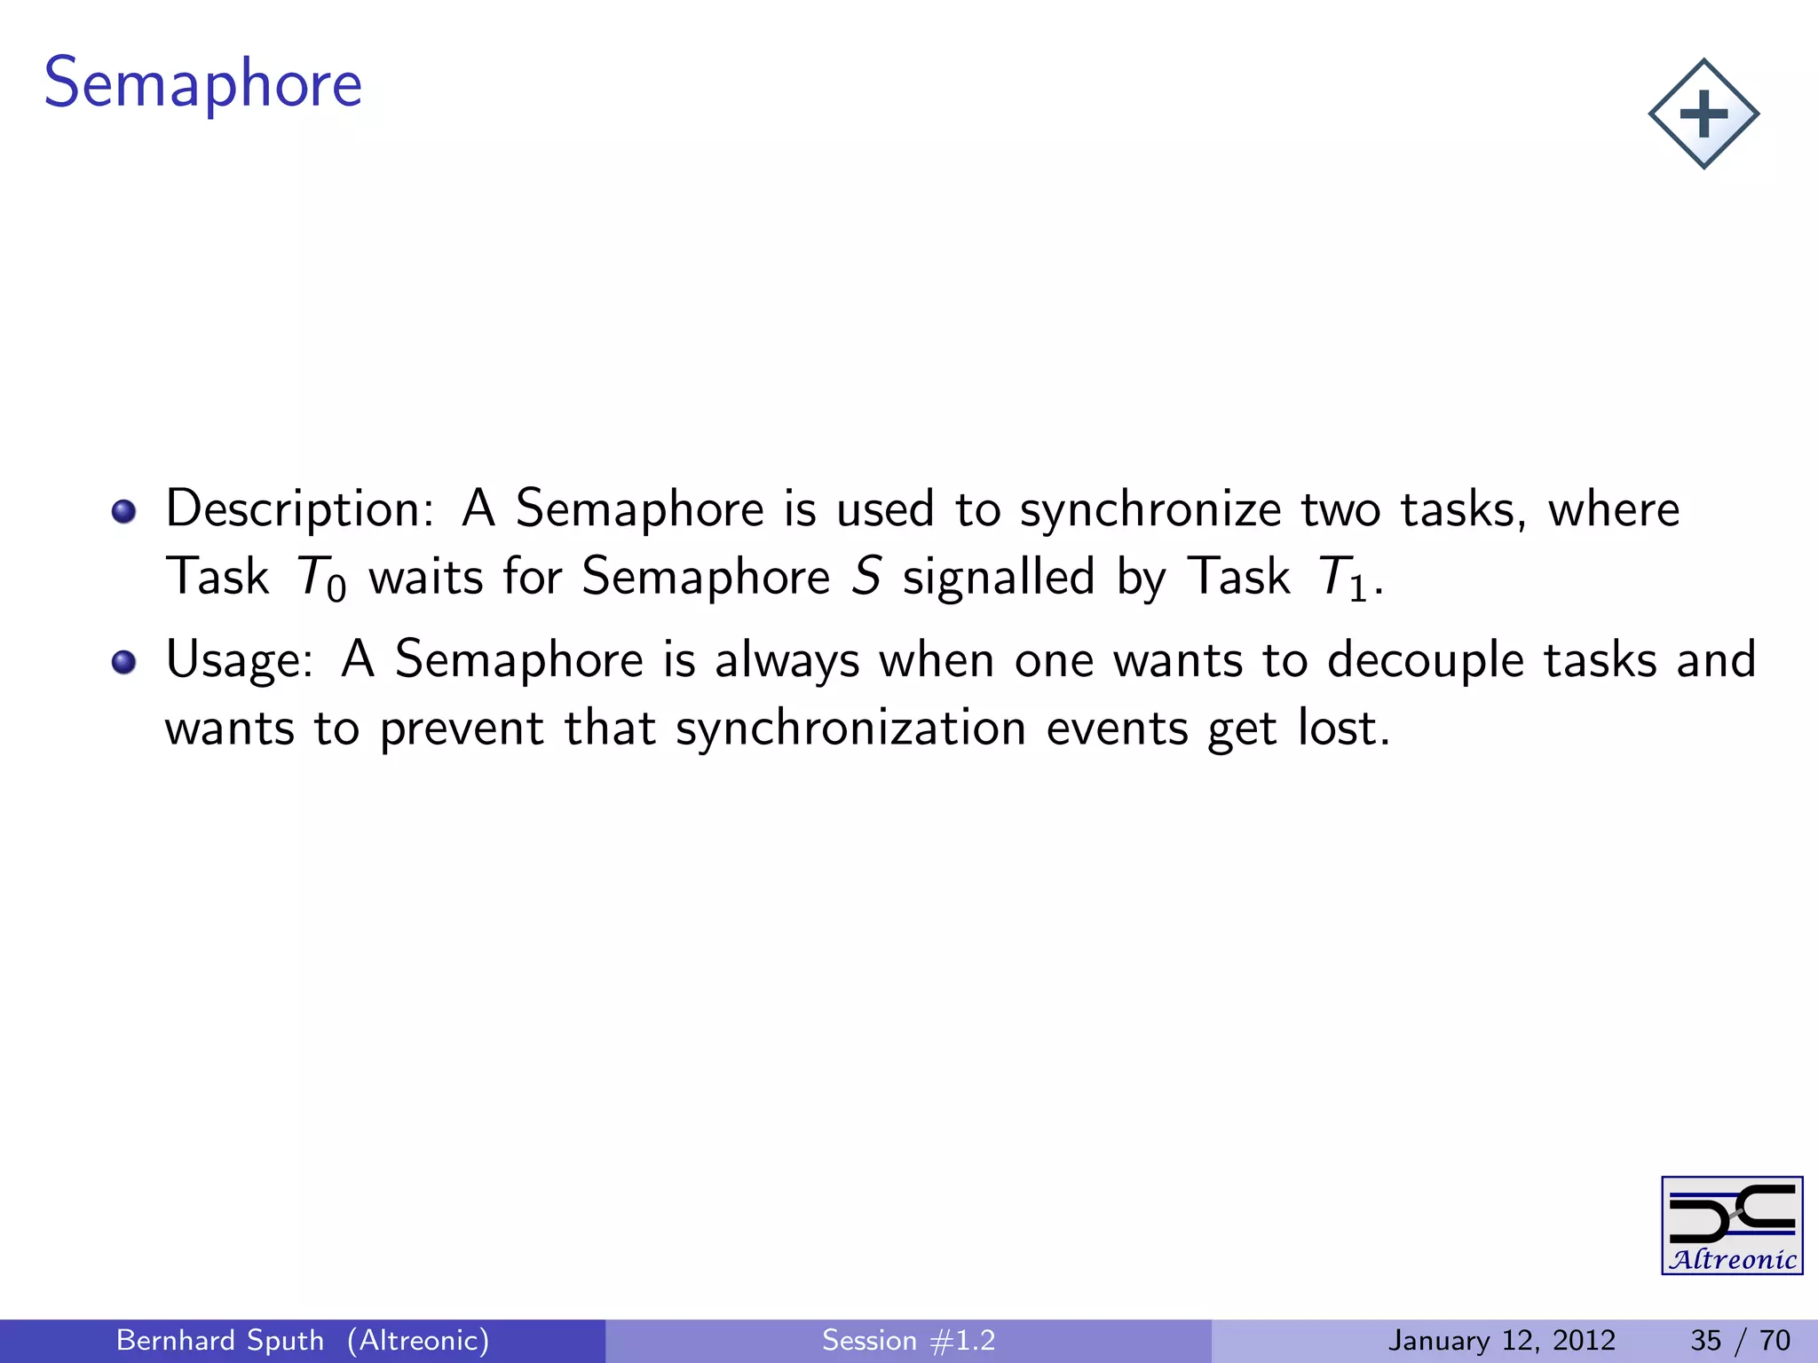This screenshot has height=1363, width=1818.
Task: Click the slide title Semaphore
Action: click(202, 83)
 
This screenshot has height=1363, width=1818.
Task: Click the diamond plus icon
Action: click(1703, 114)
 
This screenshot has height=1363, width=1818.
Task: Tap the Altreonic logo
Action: click(1731, 1225)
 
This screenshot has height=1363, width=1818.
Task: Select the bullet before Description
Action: click(123, 511)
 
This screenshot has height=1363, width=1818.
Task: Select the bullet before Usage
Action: click(123, 662)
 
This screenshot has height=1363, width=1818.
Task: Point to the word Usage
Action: click(238, 660)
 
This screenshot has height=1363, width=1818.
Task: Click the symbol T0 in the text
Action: click(320, 578)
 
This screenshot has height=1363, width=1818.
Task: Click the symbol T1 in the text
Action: click(1341, 578)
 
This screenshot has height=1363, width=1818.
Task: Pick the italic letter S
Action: click(866, 576)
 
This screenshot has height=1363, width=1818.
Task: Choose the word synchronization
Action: click(850, 729)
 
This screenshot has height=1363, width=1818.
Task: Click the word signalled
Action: click(999, 578)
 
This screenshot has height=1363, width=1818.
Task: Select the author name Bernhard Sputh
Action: click(219, 1340)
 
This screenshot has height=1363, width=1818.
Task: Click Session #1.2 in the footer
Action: click(908, 1340)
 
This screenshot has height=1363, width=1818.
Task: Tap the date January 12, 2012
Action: click(1501, 1340)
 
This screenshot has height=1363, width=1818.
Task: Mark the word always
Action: click(786, 662)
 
